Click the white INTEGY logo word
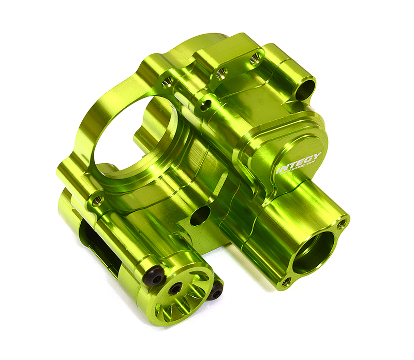[300, 163]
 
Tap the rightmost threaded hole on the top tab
[255, 59]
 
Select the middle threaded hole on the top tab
[221, 73]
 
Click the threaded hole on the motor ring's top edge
[168, 81]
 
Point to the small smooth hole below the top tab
[206, 107]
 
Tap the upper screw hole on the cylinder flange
[341, 224]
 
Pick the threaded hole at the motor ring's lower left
[97, 199]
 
